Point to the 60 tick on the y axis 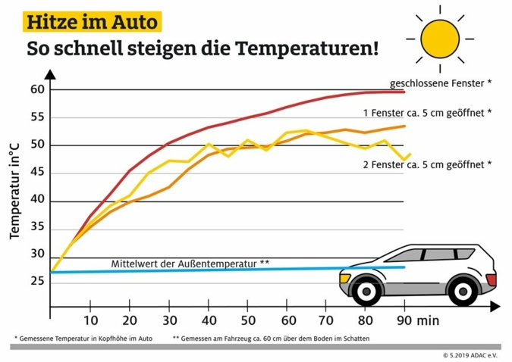(x=38, y=90)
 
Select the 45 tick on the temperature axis (x=38, y=173)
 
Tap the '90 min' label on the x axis (x=417, y=320)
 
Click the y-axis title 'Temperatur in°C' (x=14, y=185)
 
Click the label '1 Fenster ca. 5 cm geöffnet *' (x=426, y=112)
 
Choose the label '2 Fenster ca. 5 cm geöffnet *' (x=426, y=164)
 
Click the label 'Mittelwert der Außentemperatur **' (x=190, y=264)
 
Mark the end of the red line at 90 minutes (x=404, y=92)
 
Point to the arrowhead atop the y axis (x=50, y=74)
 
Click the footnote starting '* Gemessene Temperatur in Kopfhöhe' (x=83, y=339)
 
